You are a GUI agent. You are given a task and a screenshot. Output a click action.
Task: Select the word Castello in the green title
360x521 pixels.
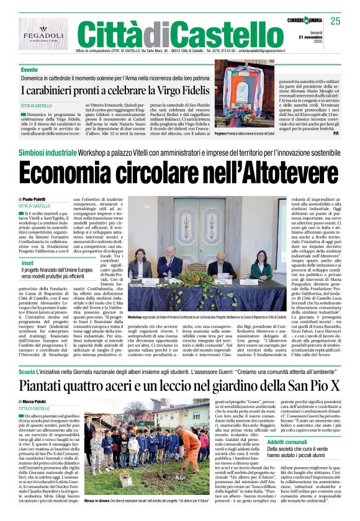(x=214, y=32)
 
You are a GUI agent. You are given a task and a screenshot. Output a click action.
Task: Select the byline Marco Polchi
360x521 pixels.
(x=38, y=403)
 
